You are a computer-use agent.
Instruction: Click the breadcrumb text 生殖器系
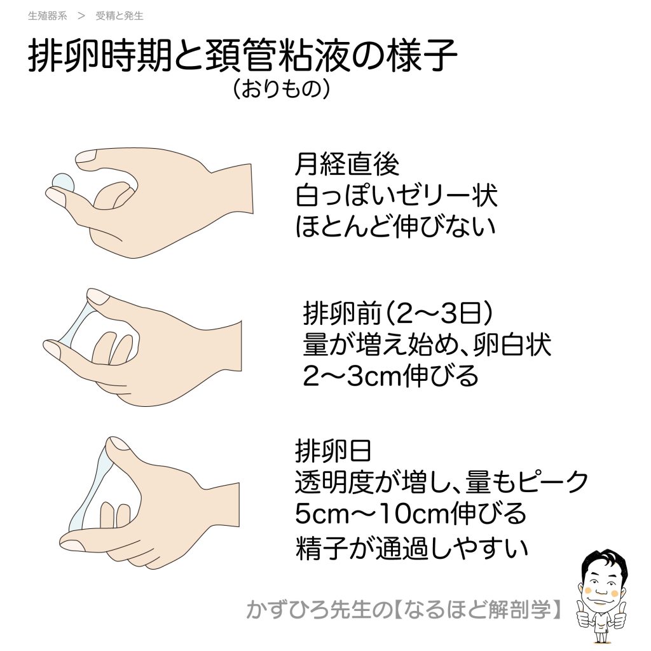point(47,16)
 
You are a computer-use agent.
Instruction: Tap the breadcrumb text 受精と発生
point(120,16)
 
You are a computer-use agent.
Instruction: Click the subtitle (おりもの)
point(282,88)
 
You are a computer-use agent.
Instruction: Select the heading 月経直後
point(347,164)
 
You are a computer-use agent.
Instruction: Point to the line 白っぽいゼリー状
point(397,195)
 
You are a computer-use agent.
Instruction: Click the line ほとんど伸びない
point(395,227)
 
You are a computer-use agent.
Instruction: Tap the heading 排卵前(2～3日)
point(398,313)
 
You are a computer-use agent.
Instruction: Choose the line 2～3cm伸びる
point(391,376)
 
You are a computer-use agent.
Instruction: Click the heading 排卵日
point(333,451)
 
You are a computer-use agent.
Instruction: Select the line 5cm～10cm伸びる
point(411,514)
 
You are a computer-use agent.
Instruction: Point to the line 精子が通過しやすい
point(411,547)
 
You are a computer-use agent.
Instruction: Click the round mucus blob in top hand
point(63,182)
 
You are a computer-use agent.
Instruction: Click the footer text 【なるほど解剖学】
point(477,610)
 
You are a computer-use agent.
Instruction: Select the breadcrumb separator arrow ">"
point(81,16)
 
